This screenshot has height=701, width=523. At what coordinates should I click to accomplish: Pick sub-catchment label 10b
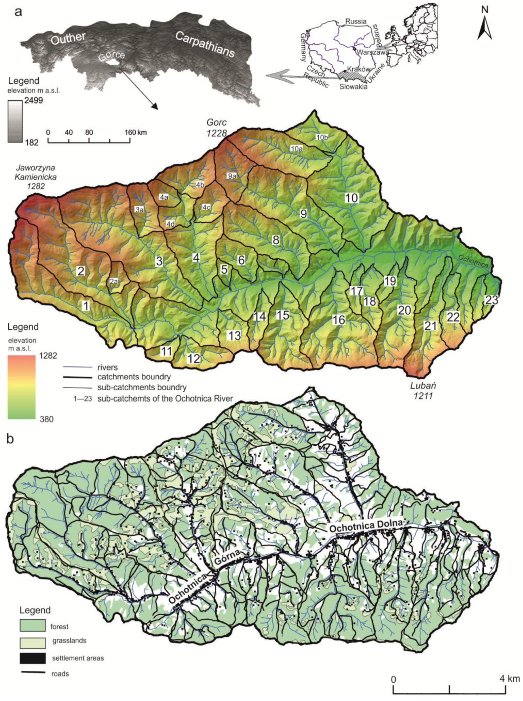(322, 137)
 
